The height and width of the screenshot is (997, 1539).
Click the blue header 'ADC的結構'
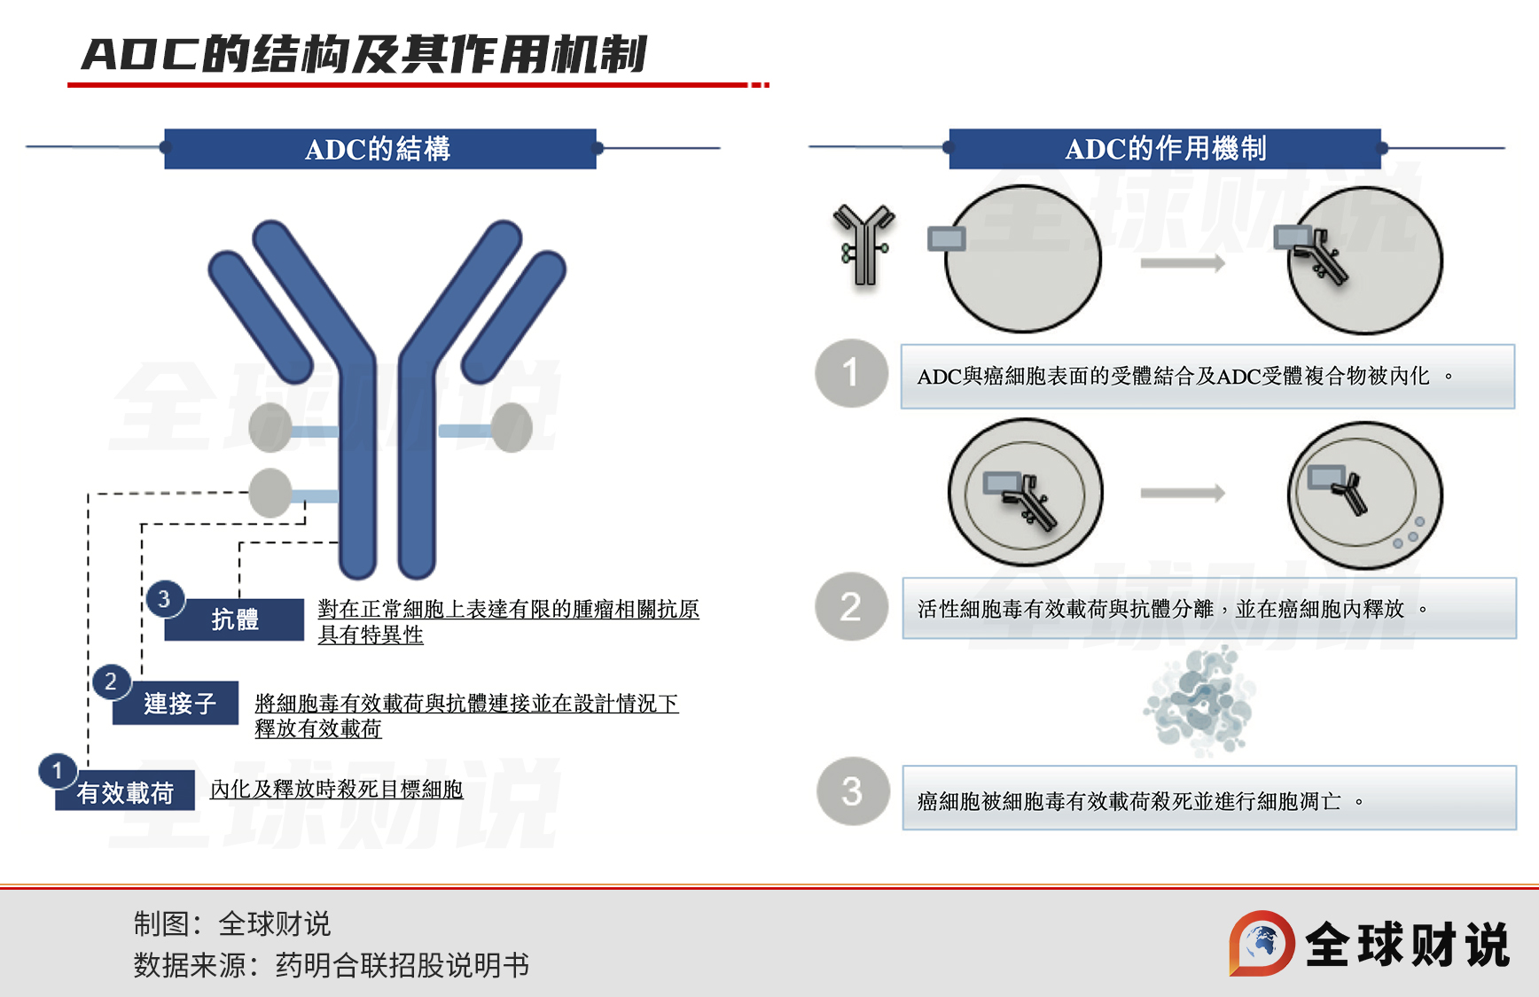pyautogui.click(x=379, y=149)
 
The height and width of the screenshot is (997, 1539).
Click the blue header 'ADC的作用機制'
pyautogui.click(x=1164, y=149)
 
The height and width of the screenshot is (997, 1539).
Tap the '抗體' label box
pyautogui.click(x=235, y=619)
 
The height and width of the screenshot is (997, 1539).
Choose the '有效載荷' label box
pyautogui.click(x=125, y=792)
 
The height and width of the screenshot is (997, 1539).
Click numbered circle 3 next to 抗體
pyautogui.click(x=165, y=599)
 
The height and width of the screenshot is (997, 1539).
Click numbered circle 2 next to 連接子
pyautogui.click(x=112, y=682)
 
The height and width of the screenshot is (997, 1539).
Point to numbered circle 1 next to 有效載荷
pyautogui.click(x=58, y=770)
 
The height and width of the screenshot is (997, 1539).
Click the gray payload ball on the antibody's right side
pyautogui.click(x=512, y=428)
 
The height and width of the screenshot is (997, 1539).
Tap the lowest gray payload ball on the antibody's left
pyautogui.click(x=270, y=494)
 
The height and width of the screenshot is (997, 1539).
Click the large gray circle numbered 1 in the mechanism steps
pyautogui.click(x=851, y=373)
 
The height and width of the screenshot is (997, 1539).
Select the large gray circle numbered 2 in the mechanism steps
pyautogui.click(x=851, y=607)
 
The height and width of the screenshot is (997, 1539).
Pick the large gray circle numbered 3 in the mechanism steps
pyautogui.click(x=852, y=791)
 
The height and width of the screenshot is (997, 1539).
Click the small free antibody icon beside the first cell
pyautogui.click(x=864, y=245)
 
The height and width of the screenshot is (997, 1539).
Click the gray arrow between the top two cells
pyautogui.click(x=1182, y=262)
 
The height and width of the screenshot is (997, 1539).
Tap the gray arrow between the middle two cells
pyautogui.click(x=1182, y=494)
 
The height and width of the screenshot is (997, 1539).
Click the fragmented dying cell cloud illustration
pyautogui.click(x=1200, y=700)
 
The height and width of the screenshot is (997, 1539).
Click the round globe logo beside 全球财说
pyautogui.click(x=1262, y=943)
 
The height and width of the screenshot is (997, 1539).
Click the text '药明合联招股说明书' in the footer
pyautogui.click(x=402, y=964)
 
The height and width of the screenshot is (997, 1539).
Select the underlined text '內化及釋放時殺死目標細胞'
pyautogui.click(x=336, y=789)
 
